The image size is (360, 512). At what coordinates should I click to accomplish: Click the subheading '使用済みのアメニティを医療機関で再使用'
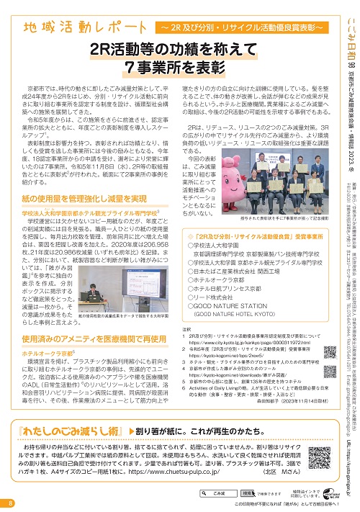pyautogui.click(x=96, y=338)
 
